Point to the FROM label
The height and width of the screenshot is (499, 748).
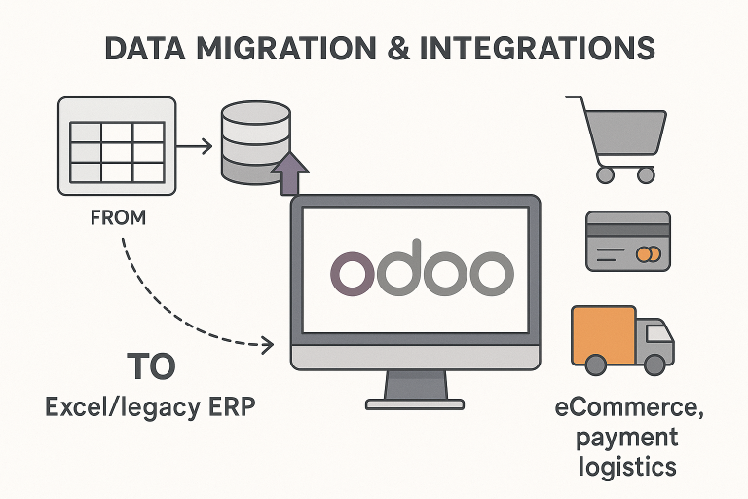pyautogui.click(x=118, y=218)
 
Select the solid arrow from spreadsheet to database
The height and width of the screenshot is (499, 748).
pyautogui.click(x=194, y=146)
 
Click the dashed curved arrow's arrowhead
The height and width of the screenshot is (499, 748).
pyautogui.click(x=266, y=343)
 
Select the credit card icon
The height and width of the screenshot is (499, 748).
pyautogui.click(x=627, y=240)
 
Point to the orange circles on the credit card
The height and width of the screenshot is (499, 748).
pyautogui.click(x=647, y=254)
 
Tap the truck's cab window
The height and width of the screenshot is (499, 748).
pyautogui.click(x=659, y=333)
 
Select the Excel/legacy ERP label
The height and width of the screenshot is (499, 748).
pyautogui.click(x=150, y=406)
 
